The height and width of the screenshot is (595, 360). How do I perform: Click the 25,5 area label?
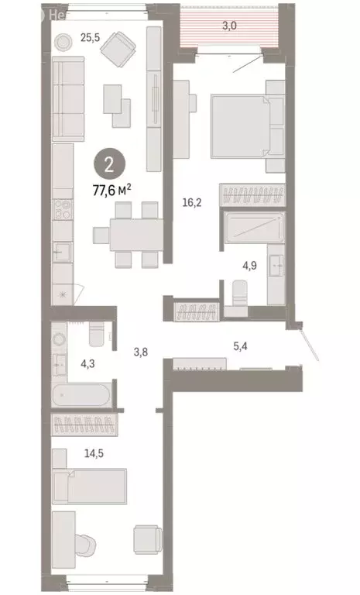click(90, 36)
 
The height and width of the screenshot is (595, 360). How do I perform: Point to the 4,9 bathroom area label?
click(249, 265)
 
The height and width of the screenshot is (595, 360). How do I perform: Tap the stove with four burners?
click(63, 208)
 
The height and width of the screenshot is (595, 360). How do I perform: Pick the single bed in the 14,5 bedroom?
click(91, 489)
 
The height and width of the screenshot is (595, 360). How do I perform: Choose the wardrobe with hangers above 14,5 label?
click(84, 425)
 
